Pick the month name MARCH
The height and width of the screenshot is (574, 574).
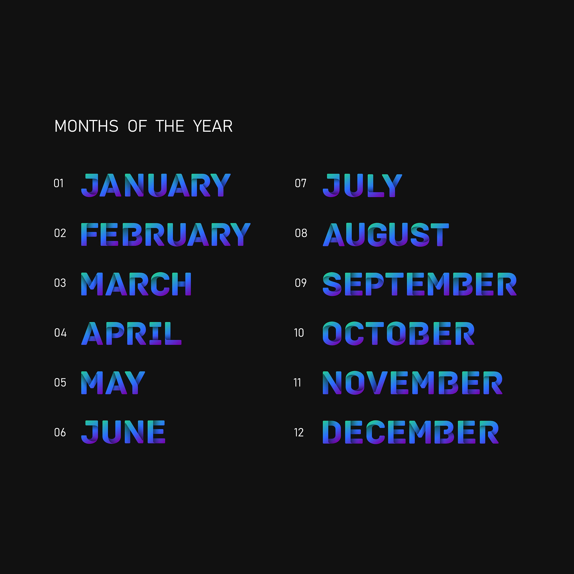click(x=136, y=284)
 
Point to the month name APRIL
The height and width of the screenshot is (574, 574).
click(x=131, y=333)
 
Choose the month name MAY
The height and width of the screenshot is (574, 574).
click(x=113, y=383)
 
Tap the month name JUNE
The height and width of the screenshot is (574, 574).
click(x=123, y=432)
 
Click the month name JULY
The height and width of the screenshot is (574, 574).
click(x=362, y=185)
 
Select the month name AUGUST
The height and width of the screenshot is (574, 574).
click(x=386, y=235)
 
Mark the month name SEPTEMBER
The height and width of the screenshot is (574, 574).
click(x=420, y=284)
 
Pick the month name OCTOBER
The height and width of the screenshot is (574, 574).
click(x=399, y=333)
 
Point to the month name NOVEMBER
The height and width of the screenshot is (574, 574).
click(x=413, y=383)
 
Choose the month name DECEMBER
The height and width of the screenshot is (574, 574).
click(x=411, y=432)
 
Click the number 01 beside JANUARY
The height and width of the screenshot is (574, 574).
click(x=59, y=183)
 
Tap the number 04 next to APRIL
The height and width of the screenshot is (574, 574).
click(x=60, y=333)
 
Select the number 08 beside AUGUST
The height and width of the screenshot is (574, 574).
click(x=301, y=233)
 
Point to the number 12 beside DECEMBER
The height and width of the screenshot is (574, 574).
click(x=299, y=432)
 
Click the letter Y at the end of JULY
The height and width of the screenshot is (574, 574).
click(x=392, y=185)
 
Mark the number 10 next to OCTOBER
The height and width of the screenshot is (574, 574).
click(x=299, y=333)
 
